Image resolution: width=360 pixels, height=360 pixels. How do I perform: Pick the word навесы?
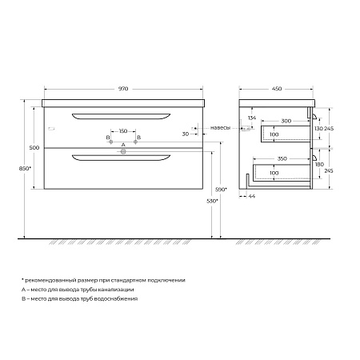click(221, 128)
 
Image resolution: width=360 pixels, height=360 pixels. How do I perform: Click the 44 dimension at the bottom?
click(253, 196)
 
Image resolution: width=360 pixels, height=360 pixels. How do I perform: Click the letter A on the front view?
click(122, 145)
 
